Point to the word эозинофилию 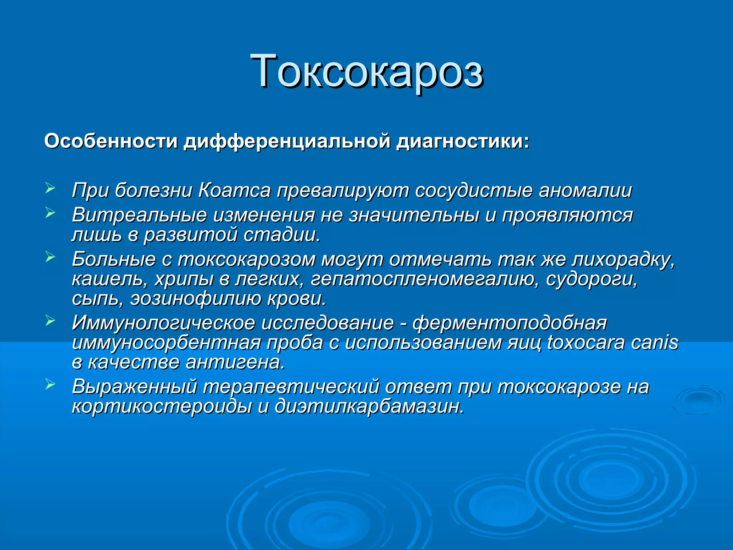point(196,299)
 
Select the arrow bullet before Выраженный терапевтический point(50,385)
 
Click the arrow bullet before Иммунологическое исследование point(50,321)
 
